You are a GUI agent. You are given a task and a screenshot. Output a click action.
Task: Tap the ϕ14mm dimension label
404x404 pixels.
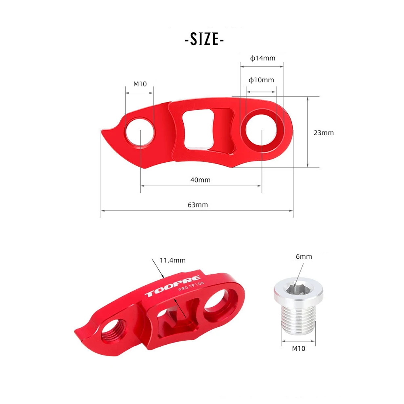click(x=262, y=58)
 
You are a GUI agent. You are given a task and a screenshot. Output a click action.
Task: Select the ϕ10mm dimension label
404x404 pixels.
click(x=261, y=80)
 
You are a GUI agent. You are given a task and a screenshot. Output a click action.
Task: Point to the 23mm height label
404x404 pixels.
click(x=324, y=132)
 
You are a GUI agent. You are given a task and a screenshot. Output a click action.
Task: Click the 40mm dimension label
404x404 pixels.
click(x=201, y=180)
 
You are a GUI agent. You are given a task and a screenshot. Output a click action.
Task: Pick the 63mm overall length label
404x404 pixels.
click(x=198, y=205)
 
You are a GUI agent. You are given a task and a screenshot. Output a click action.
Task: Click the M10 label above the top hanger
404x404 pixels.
click(x=140, y=84)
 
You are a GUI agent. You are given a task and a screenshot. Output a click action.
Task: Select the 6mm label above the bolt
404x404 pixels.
click(x=304, y=256)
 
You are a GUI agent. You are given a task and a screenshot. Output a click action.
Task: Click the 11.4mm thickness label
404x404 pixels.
click(x=173, y=260)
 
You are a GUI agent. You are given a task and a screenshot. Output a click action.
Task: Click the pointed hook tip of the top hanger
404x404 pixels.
click(x=103, y=131)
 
